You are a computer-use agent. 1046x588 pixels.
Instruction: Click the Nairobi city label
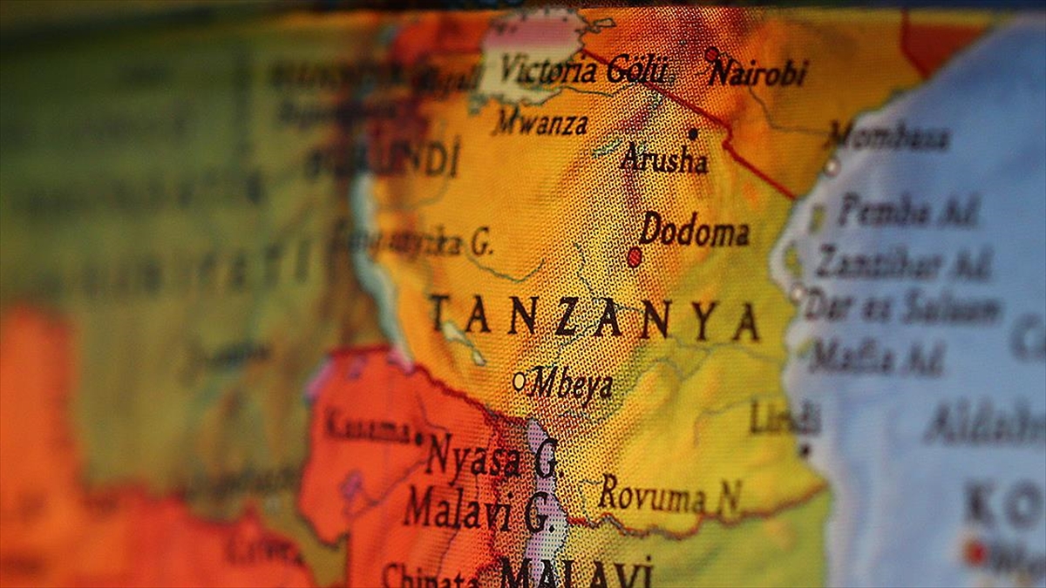758,72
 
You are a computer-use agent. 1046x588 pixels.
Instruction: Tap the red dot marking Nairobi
712,55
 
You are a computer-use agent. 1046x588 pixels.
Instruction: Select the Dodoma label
694,231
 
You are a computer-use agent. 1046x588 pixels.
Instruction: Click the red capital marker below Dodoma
635,257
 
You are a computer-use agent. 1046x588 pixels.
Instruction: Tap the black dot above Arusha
693,134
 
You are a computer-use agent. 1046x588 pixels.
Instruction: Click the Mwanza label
540,124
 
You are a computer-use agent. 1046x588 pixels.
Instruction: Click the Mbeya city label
571,383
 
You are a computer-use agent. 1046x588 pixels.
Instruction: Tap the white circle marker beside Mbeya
520,381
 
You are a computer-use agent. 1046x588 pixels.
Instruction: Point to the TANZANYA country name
593,319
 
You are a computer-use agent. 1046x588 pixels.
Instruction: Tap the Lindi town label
784,417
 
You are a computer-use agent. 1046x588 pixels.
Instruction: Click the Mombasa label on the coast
889,137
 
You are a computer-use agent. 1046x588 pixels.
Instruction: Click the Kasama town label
367,429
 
